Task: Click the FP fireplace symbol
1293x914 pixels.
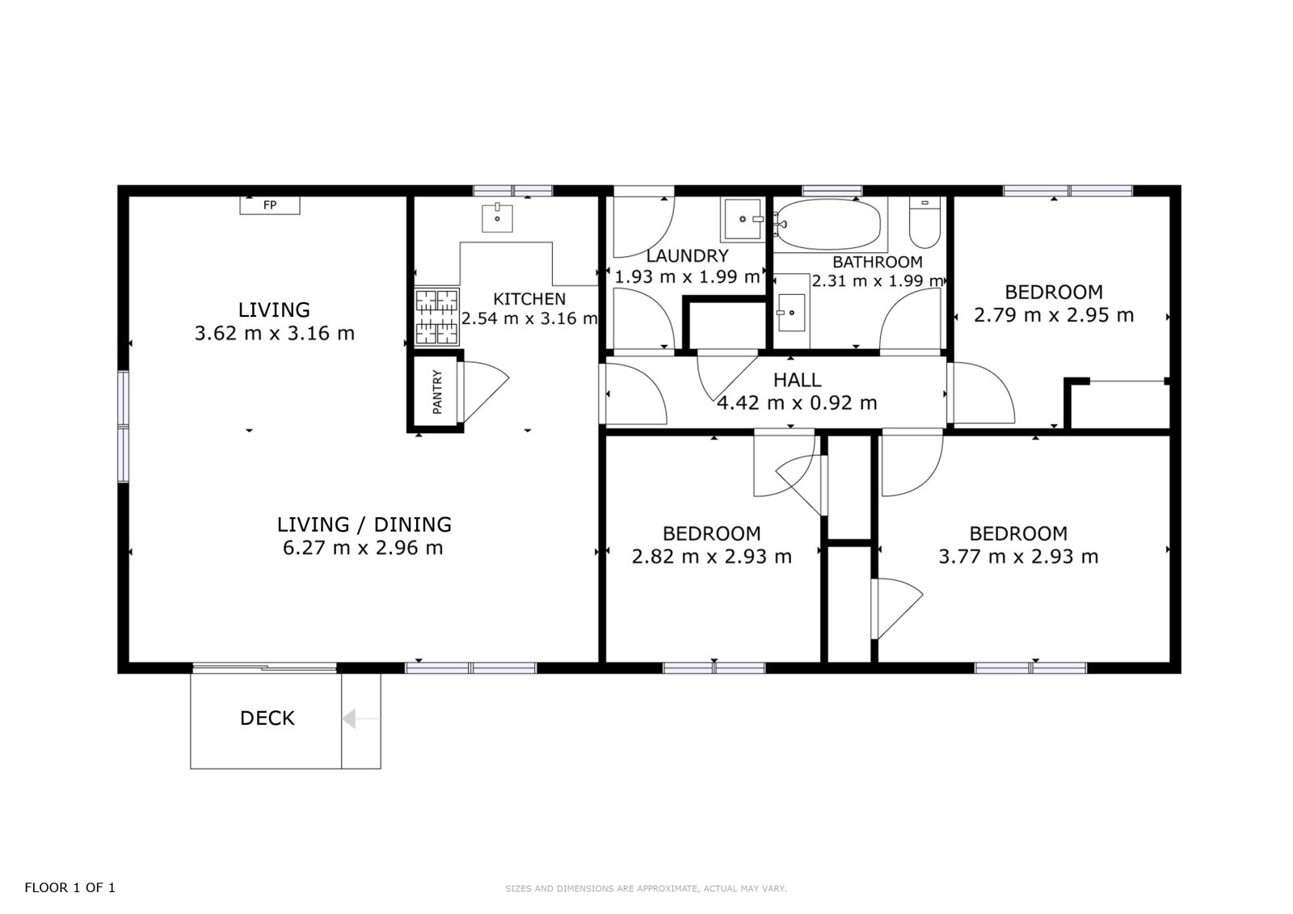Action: click(x=270, y=205)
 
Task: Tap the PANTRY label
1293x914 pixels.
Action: click(x=437, y=392)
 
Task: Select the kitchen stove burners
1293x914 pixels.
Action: click(x=437, y=317)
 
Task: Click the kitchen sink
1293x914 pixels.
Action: click(x=497, y=217)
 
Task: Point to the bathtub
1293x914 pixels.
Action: click(x=829, y=225)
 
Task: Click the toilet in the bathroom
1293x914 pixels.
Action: click(x=924, y=222)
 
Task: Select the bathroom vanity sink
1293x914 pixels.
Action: click(x=791, y=313)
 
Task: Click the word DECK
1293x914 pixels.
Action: click(x=267, y=718)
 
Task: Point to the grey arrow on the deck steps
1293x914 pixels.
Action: click(x=360, y=719)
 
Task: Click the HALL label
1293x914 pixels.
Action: click(x=797, y=380)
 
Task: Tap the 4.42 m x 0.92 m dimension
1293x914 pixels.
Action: click(x=797, y=402)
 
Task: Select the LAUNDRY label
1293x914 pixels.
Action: click(x=687, y=256)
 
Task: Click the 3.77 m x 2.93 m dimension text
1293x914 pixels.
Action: click(x=1018, y=556)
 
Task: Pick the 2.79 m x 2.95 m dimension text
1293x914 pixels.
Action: click(x=1054, y=315)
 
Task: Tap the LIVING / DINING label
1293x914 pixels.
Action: click(x=364, y=524)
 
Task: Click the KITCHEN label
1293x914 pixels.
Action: click(x=529, y=299)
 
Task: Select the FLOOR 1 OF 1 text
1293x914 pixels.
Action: click(x=69, y=887)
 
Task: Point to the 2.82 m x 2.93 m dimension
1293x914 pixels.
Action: click(x=712, y=556)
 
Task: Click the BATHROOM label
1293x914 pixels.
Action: click(x=878, y=262)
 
